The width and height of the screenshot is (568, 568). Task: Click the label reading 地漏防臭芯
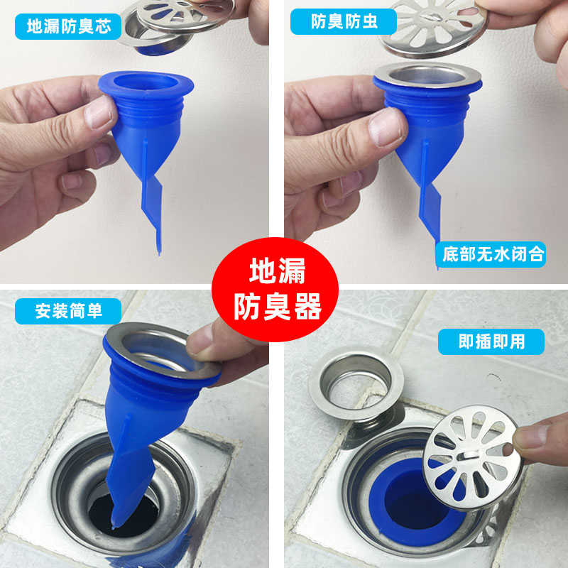(x=68, y=26)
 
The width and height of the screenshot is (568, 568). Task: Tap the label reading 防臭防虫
(x=344, y=22)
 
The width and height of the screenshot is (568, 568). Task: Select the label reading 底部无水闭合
(x=491, y=254)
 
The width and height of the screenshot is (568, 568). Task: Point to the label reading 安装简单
(x=68, y=311)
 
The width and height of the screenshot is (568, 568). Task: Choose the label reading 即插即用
(x=491, y=342)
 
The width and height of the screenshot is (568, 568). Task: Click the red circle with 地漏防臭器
(x=275, y=290)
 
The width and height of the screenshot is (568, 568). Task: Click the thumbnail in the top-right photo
(x=384, y=128)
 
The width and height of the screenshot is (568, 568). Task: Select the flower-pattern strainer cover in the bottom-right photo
(x=473, y=458)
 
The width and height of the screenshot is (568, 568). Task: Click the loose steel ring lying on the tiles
(x=356, y=382)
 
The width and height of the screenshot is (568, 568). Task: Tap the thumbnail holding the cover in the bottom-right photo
(x=530, y=437)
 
